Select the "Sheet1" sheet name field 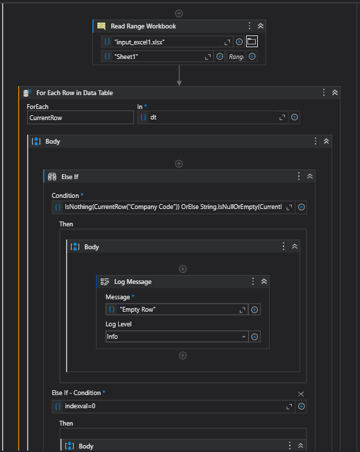click(157, 56)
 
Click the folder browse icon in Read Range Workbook click(252, 42)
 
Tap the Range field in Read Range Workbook click(236, 56)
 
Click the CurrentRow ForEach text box click(81, 117)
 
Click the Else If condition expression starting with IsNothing click(173, 207)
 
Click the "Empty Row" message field click(177, 310)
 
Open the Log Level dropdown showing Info click(177, 337)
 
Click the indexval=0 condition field click(173, 406)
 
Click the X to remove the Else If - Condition click(301, 394)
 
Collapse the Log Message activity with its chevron click(264, 281)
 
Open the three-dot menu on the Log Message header click(253, 281)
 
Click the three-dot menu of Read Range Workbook click(249, 26)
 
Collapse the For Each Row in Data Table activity click(335, 92)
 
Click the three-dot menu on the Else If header click(299, 176)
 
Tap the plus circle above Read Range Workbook click(179, 13)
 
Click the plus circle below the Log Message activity click(183, 355)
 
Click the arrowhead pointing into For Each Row click(179, 83)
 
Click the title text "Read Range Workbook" click(143, 26)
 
